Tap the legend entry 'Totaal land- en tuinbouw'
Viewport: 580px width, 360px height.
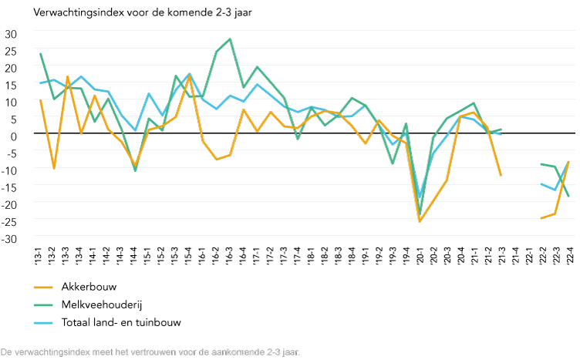121,322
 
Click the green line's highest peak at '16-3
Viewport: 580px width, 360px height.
230,39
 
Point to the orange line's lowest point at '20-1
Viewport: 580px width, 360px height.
420,222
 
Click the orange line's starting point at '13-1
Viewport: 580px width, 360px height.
39,99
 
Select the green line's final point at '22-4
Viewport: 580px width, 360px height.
569,197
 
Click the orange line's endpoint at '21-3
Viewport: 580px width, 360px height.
501,176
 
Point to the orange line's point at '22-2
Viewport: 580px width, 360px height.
541,218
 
